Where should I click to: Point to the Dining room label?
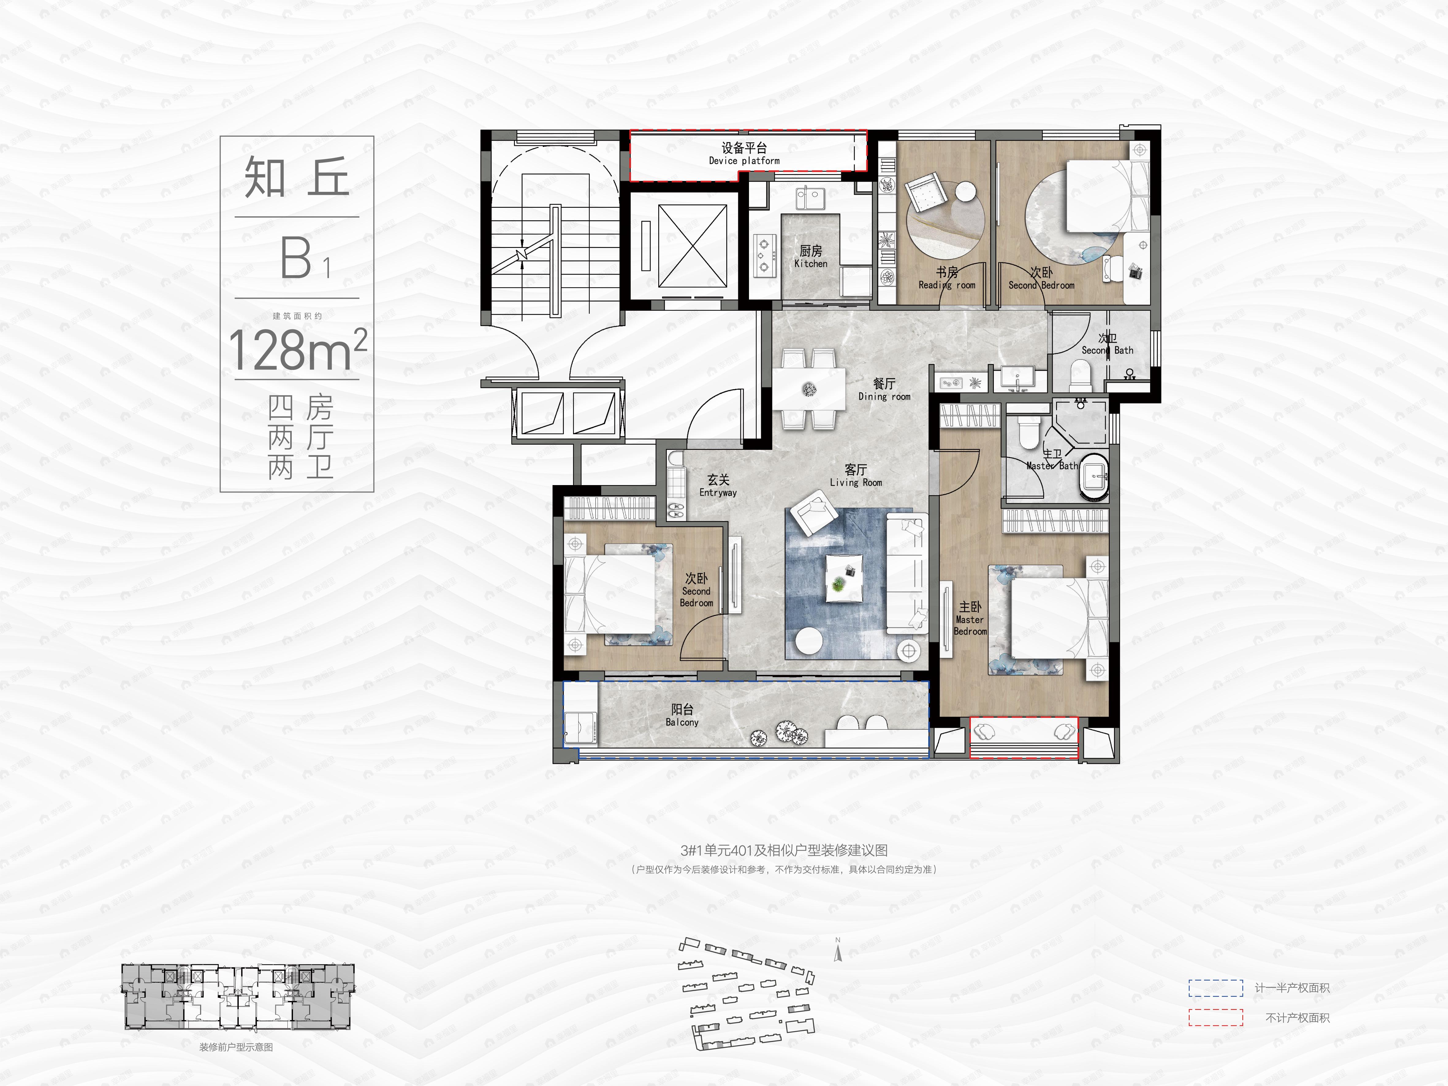click(884, 389)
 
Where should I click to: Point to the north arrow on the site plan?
click(838, 951)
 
